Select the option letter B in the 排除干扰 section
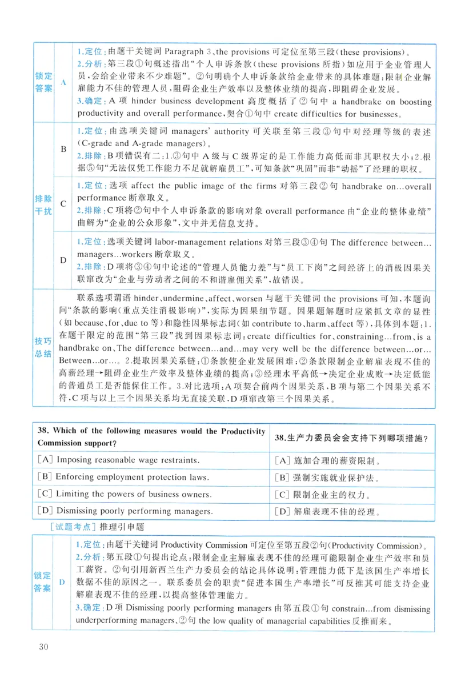(x=63, y=149)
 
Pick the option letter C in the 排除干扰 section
(x=63, y=203)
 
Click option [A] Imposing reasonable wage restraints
(x=118, y=459)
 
